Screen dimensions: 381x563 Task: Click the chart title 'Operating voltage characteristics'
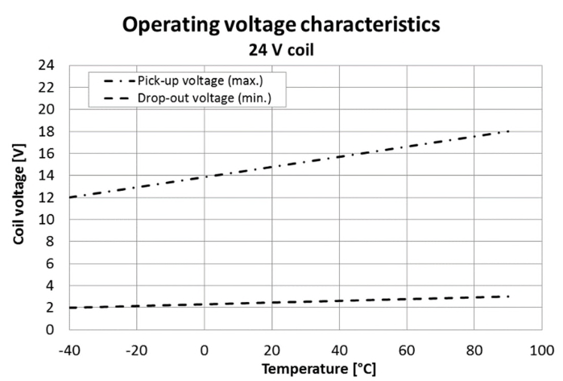281,24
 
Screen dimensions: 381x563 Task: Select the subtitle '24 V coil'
281,48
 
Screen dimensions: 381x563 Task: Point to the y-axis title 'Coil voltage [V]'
18,197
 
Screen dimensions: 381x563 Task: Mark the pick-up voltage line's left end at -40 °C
69,197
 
